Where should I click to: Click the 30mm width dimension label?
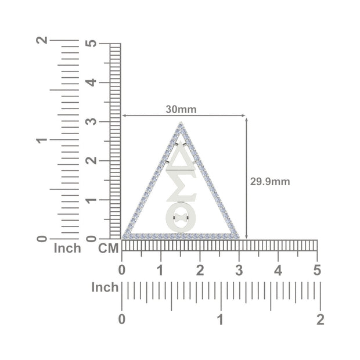(181, 110)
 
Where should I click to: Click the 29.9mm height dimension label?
(270, 182)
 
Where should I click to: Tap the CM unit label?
(109, 248)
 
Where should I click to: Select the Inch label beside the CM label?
(67, 248)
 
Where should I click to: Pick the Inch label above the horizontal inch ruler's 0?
(105, 287)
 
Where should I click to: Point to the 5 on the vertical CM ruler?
(91, 44)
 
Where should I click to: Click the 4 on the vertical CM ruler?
(91, 82)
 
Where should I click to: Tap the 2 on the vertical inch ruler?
(42, 40)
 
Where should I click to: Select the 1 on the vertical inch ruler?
(42, 140)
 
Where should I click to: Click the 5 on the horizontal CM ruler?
(317, 270)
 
